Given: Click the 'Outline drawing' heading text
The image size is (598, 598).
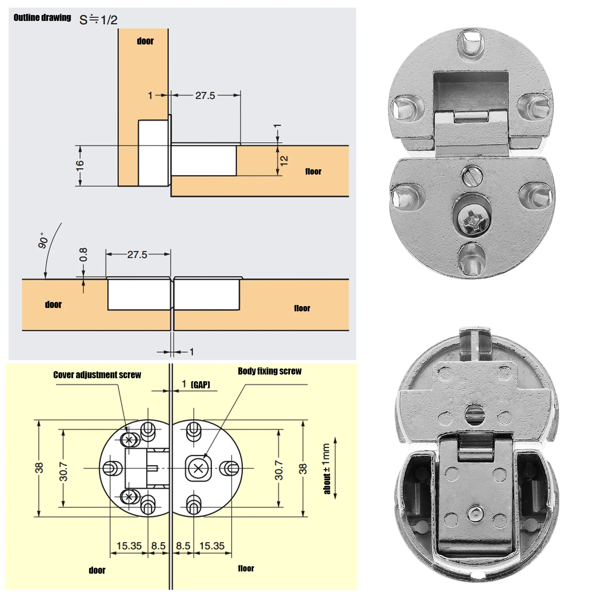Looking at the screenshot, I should click(x=42, y=18).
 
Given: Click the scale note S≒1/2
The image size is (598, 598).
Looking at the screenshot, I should click(x=98, y=19).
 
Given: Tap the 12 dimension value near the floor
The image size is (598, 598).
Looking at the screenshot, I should click(x=284, y=161).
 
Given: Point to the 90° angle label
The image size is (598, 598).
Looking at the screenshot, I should click(x=43, y=240).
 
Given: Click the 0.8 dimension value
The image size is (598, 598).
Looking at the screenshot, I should click(x=83, y=255).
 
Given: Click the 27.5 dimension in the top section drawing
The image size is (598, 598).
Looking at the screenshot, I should click(x=205, y=96).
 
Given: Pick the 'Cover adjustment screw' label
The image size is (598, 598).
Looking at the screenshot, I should click(x=97, y=375).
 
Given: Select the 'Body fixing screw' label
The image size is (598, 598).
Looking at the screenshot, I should click(x=269, y=371).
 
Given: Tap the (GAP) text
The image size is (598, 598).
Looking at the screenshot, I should click(x=200, y=385).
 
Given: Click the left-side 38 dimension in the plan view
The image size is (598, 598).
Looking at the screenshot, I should click(x=39, y=468).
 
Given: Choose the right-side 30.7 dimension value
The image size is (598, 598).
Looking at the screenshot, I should click(x=279, y=470).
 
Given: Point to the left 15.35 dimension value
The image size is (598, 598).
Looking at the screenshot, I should click(x=129, y=546).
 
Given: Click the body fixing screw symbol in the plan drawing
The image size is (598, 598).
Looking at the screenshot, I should click(x=198, y=468).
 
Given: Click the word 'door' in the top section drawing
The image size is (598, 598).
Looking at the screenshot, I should click(x=145, y=41).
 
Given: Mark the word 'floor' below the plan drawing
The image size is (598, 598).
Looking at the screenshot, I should click(x=246, y=568).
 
